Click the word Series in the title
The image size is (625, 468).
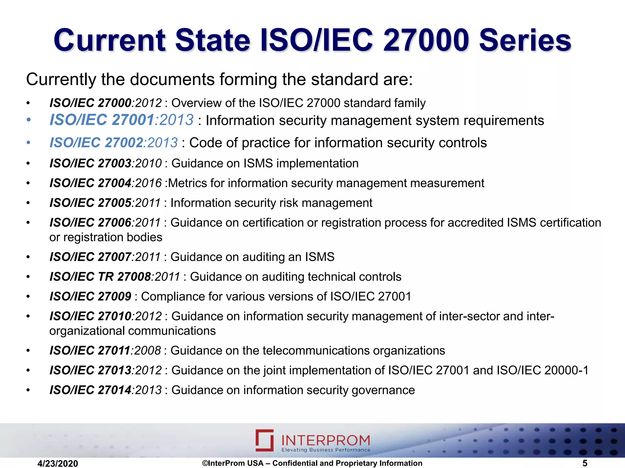[x=525, y=41]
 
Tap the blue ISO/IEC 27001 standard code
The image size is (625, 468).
[x=102, y=120]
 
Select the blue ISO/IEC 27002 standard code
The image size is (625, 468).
[x=96, y=143]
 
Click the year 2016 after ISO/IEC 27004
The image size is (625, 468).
[x=148, y=183]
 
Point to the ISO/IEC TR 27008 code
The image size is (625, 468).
[x=100, y=277]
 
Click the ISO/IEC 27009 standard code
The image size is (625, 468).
[x=90, y=296]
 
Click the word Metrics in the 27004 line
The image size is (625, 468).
[x=187, y=183]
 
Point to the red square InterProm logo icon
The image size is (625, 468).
[x=265, y=440]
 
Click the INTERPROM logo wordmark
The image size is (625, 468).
[x=326, y=440]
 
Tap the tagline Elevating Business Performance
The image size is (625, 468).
[x=326, y=450]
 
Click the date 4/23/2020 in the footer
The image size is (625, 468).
[x=58, y=463]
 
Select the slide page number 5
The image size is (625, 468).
[x=585, y=463]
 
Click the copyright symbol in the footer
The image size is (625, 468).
[x=205, y=463]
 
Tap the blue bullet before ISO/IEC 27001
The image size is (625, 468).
[x=28, y=120]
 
